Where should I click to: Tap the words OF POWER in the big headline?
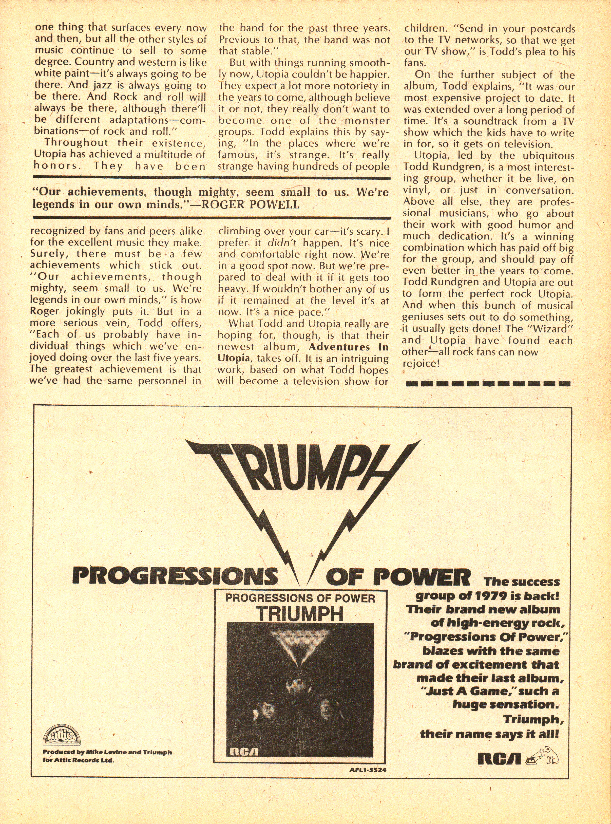click(398, 576)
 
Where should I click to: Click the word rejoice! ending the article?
click(421, 363)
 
